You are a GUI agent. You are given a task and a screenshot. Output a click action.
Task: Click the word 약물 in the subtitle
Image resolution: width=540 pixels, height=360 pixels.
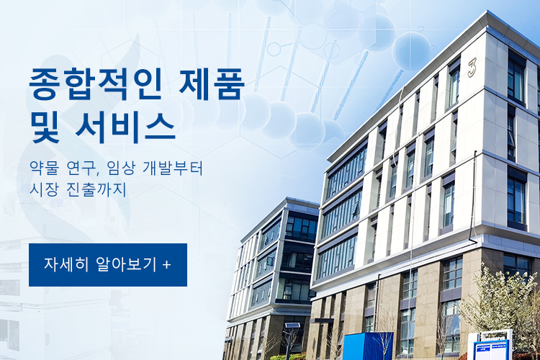tap(42, 168)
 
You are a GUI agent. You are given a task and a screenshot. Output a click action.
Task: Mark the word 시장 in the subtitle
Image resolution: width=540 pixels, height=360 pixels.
tap(43, 190)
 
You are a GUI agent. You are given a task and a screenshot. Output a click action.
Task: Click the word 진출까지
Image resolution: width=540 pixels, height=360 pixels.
tap(97, 190)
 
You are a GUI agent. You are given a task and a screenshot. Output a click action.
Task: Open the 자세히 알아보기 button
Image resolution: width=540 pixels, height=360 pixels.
tap(108, 265)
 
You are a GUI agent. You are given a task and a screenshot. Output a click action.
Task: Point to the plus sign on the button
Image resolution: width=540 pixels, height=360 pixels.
tap(166, 265)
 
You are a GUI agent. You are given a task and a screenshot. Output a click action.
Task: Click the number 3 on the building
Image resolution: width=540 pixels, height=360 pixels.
tap(472, 67)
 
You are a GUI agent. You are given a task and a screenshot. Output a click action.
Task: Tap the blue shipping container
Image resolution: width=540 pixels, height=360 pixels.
tap(368, 346)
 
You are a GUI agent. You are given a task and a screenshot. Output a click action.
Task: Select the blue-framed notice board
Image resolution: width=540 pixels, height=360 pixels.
tap(492, 349)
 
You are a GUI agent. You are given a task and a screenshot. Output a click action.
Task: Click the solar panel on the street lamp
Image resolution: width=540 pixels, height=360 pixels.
tap(292, 325)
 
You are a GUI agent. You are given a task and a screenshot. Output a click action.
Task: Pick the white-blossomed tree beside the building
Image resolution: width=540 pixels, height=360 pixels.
tap(500, 310)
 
